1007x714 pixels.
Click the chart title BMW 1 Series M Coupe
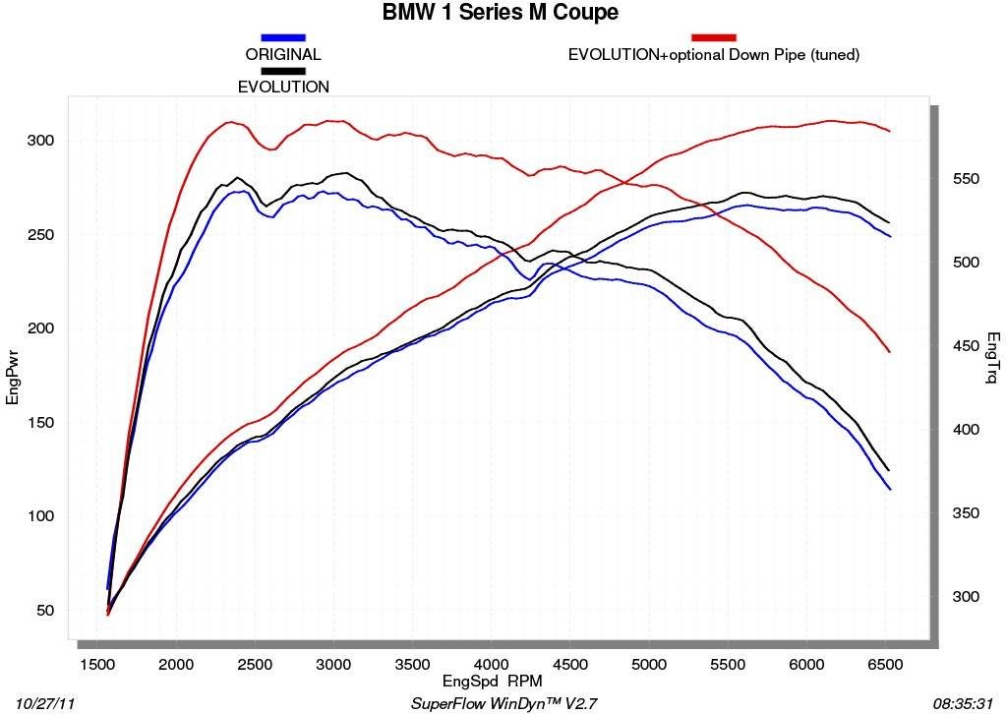[x=501, y=13]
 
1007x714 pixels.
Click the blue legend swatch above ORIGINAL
[x=283, y=37]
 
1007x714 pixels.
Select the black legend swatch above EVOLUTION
[x=283, y=71]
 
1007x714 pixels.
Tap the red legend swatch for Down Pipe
[x=714, y=37]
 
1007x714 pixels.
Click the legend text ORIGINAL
[x=283, y=55]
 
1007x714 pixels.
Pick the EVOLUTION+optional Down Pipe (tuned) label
[x=714, y=55]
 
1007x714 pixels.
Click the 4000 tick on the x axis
[x=491, y=665]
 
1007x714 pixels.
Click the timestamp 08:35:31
[x=967, y=703]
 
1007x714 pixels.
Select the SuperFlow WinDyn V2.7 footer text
[x=503, y=703]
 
